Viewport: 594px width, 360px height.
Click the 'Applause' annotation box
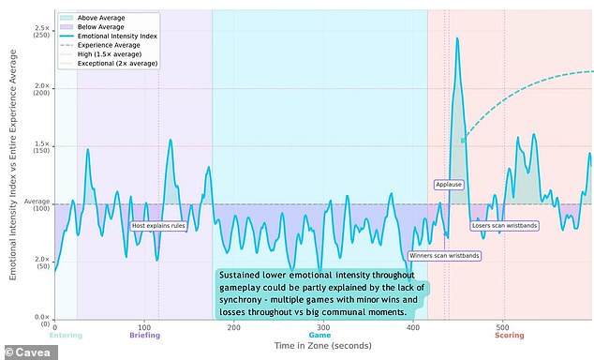pos(449,185)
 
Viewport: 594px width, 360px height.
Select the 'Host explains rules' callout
pos(157,226)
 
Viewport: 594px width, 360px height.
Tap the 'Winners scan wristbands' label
pos(445,255)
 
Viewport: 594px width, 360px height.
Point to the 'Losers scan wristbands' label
pos(504,226)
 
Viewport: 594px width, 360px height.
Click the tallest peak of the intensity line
pos(456,39)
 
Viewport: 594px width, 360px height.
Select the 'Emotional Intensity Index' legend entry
pos(117,35)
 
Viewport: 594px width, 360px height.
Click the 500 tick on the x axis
pos(504,327)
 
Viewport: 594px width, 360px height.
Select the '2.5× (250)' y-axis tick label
pos(41,34)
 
